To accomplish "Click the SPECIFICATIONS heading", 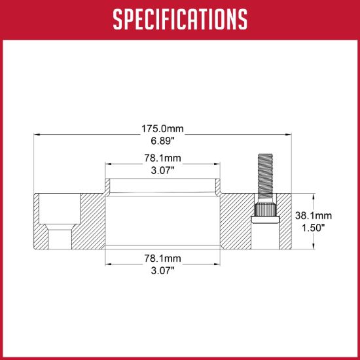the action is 180,20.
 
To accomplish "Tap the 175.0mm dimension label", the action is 162,128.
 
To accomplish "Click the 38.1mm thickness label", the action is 313,215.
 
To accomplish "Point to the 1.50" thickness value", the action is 313,228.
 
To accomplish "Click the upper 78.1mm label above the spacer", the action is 162,158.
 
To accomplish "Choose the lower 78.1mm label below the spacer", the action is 162,259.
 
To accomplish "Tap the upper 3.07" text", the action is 162,170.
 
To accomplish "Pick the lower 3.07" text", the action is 162,271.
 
